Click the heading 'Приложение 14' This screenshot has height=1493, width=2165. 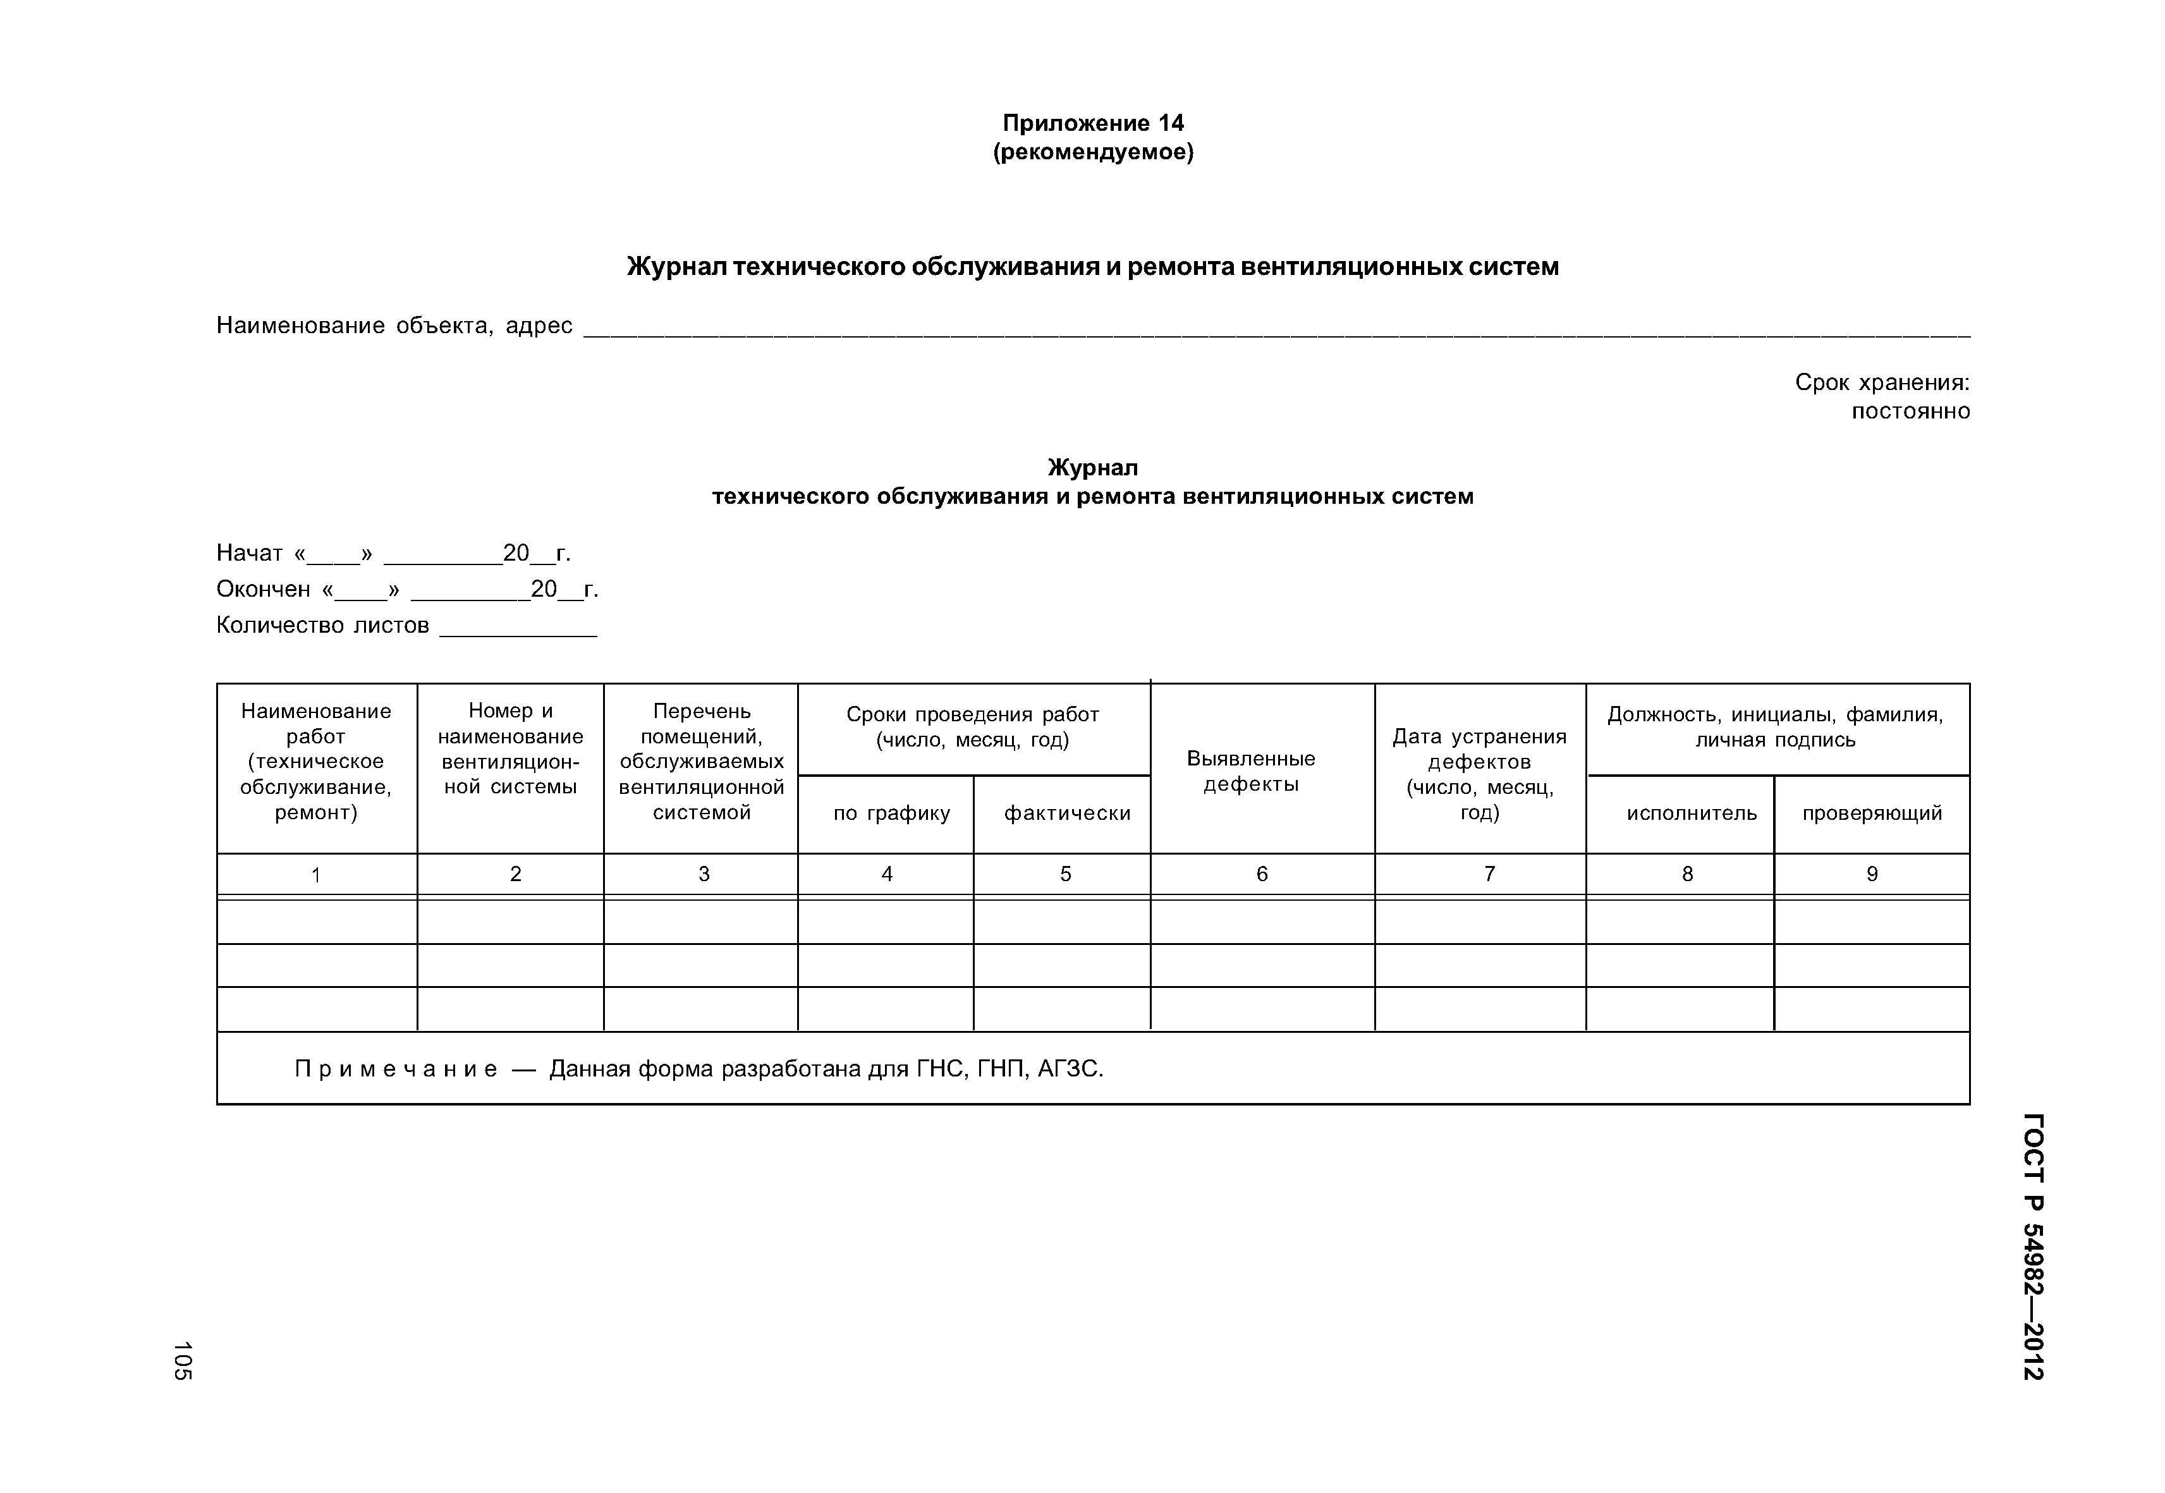pyautogui.click(x=1093, y=123)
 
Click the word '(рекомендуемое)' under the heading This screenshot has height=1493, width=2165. pyautogui.click(x=1093, y=152)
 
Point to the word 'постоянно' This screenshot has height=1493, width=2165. pyautogui.click(x=1910, y=411)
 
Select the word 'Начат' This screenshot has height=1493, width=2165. pyautogui.click(x=249, y=553)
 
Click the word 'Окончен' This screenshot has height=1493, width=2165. pyautogui.click(x=263, y=589)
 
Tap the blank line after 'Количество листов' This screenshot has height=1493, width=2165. pyautogui.click(x=518, y=630)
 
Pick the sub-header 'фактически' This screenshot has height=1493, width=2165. pyautogui.click(x=1066, y=813)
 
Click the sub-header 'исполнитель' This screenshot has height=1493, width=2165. pyautogui.click(x=1691, y=813)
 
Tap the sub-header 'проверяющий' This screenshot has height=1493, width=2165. pyautogui.click(x=1871, y=813)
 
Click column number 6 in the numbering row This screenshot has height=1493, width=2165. pyautogui.click(x=1261, y=874)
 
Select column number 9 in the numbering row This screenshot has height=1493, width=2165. pyautogui.click(x=1871, y=874)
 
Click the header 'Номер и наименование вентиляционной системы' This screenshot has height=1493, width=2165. pyautogui.click(x=510, y=748)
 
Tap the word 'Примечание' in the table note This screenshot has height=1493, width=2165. pyautogui.click(x=396, y=1068)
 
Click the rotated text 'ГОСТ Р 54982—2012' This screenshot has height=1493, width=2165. pyautogui.click(x=2032, y=1245)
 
